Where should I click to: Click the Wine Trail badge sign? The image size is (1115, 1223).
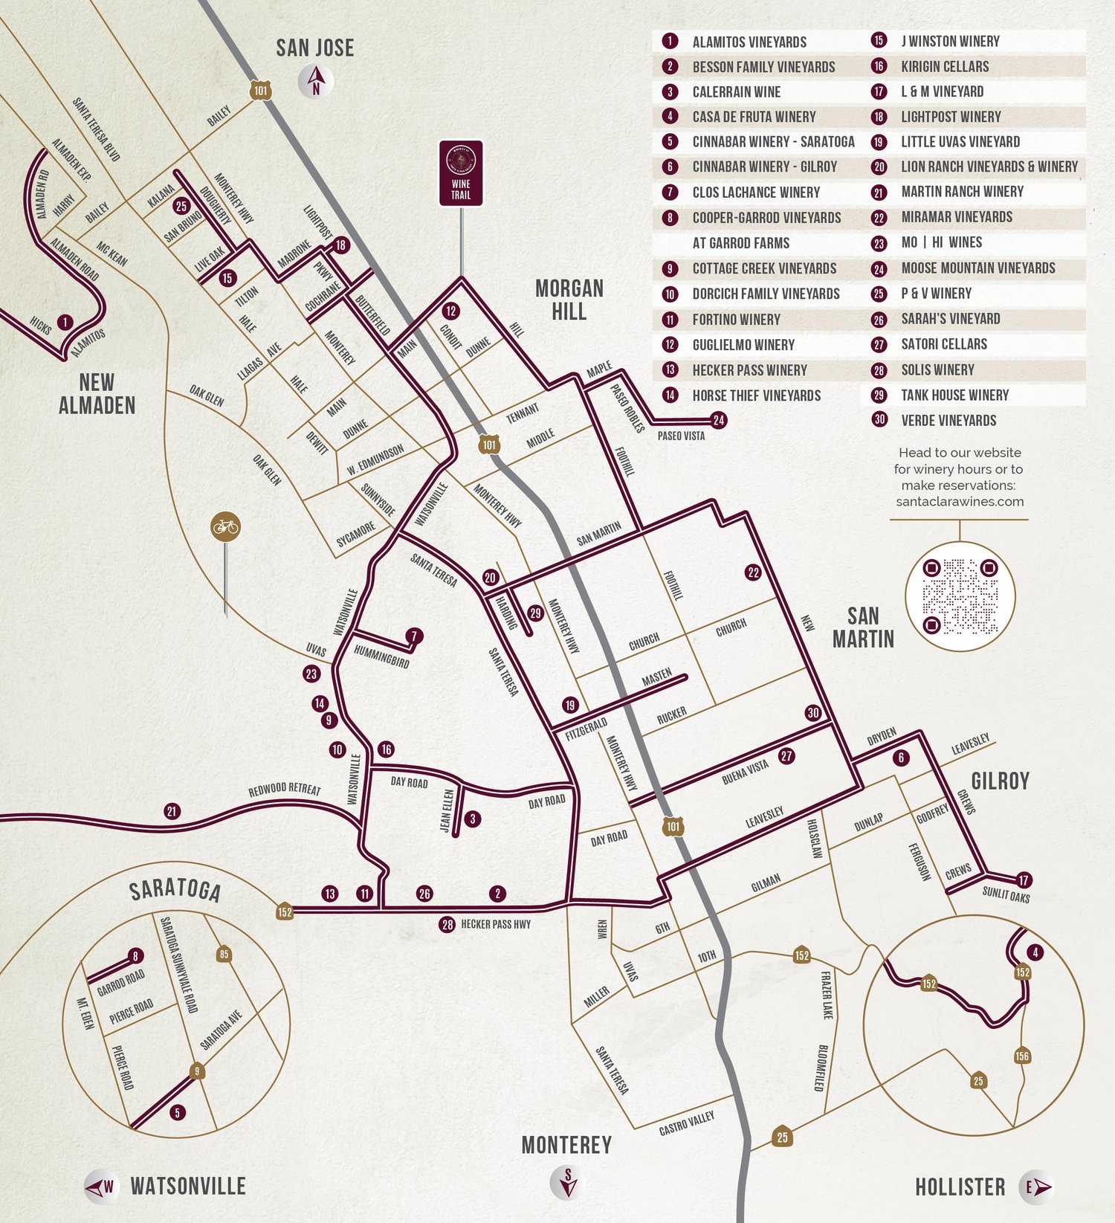[461, 172]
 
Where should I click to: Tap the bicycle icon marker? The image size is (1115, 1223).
[225, 527]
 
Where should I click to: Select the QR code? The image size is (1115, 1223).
[960, 597]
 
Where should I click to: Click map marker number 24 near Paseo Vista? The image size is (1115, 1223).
[718, 420]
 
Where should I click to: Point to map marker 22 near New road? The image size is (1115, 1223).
[753, 572]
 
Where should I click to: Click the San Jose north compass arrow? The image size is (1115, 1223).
[316, 81]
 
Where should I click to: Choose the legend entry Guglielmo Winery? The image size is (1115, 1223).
[743, 345]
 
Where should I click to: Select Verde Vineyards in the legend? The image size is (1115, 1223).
[948, 421]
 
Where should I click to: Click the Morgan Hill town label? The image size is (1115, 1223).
[569, 300]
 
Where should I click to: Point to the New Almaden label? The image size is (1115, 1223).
[97, 394]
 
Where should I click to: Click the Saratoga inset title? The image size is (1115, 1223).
[175, 891]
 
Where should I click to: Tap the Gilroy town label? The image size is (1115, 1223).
[1000, 781]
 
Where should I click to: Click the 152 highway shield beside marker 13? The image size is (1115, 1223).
[285, 911]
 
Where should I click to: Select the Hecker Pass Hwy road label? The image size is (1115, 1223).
[496, 924]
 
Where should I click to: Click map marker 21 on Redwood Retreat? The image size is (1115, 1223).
[172, 811]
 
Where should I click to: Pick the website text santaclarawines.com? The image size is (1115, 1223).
[960, 502]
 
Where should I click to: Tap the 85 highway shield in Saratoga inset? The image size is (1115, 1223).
[224, 954]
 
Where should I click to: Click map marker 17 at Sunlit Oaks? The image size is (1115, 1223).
[1024, 880]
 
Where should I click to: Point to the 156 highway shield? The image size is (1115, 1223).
[1022, 1056]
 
